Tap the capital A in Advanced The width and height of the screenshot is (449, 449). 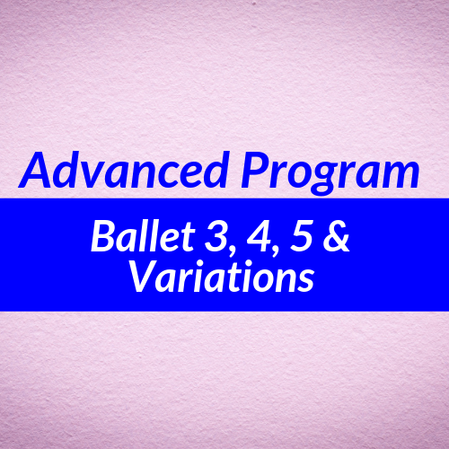[x=34, y=172]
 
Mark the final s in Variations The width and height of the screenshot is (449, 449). [x=305, y=282]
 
